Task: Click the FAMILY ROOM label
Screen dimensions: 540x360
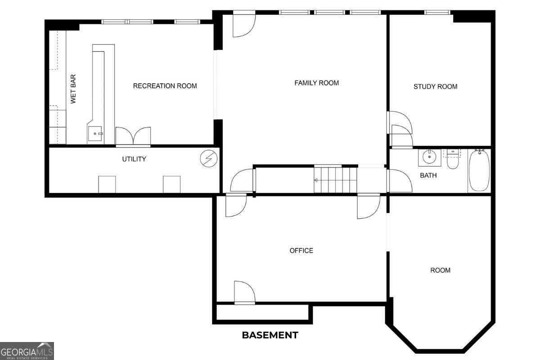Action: pyautogui.click(x=316, y=83)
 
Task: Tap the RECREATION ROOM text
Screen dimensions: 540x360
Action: pyautogui.click(x=165, y=86)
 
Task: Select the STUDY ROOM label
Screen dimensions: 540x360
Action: pyautogui.click(x=436, y=86)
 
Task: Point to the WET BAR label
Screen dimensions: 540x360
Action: pyautogui.click(x=73, y=89)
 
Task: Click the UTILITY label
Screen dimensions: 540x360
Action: pyautogui.click(x=134, y=159)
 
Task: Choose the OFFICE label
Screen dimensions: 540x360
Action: pyautogui.click(x=301, y=251)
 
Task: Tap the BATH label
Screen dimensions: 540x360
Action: pyautogui.click(x=428, y=175)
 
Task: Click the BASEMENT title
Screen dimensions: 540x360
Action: pyautogui.click(x=270, y=335)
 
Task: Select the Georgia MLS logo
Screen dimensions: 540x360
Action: pyautogui.click(x=27, y=351)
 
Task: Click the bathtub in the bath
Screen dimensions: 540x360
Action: pyautogui.click(x=479, y=171)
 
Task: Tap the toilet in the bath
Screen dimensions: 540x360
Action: pyautogui.click(x=453, y=159)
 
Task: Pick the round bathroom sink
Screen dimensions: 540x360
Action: pyautogui.click(x=429, y=157)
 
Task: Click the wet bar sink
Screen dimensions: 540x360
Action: pyautogui.click(x=95, y=133)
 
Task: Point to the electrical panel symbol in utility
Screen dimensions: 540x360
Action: pyautogui.click(x=209, y=159)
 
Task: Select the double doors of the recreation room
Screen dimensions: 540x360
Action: pyautogui.click(x=133, y=136)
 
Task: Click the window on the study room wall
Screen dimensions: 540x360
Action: pyautogui.click(x=437, y=12)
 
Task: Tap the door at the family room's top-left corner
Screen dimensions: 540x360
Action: pyautogui.click(x=244, y=25)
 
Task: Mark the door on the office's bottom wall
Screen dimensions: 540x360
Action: pyautogui.click(x=244, y=292)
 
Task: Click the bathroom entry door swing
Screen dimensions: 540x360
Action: pyautogui.click(x=400, y=181)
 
